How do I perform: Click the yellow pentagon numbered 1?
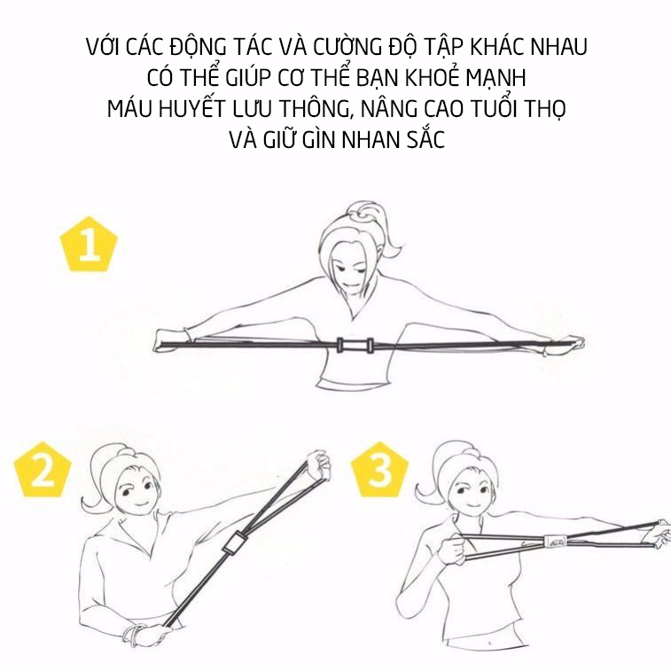coord(89,246)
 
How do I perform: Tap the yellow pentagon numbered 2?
coord(43,471)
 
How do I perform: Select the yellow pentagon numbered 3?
coord(380,471)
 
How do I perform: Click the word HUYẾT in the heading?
coord(191,109)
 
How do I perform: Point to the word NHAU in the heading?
coord(558,47)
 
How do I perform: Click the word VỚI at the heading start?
coord(103,46)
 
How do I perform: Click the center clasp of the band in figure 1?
coord(355,345)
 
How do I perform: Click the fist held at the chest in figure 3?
coord(454,549)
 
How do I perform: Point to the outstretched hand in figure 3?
coord(659,534)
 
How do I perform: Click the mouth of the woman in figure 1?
coord(351,285)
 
